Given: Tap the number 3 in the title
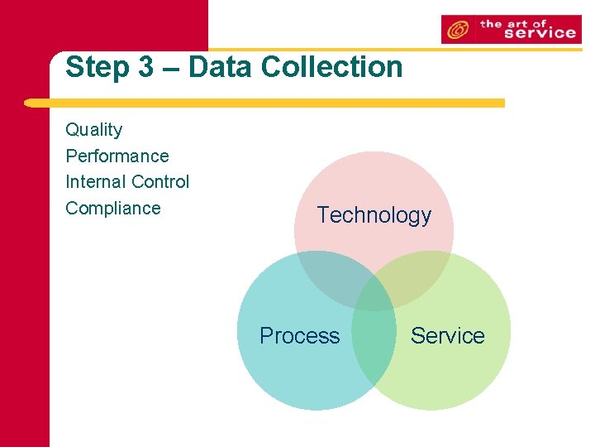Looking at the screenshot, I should [145, 68].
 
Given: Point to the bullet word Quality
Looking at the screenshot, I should [93, 130].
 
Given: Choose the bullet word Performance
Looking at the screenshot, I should [117, 156].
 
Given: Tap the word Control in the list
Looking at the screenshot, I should [162, 181].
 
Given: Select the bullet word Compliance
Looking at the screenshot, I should [112, 208].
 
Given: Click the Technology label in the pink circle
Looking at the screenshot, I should [374, 215].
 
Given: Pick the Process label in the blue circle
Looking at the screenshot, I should [299, 335].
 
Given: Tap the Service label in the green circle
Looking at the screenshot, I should [447, 335].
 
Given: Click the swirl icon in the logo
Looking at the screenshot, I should [457, 31].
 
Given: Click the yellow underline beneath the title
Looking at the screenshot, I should [264, 103].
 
